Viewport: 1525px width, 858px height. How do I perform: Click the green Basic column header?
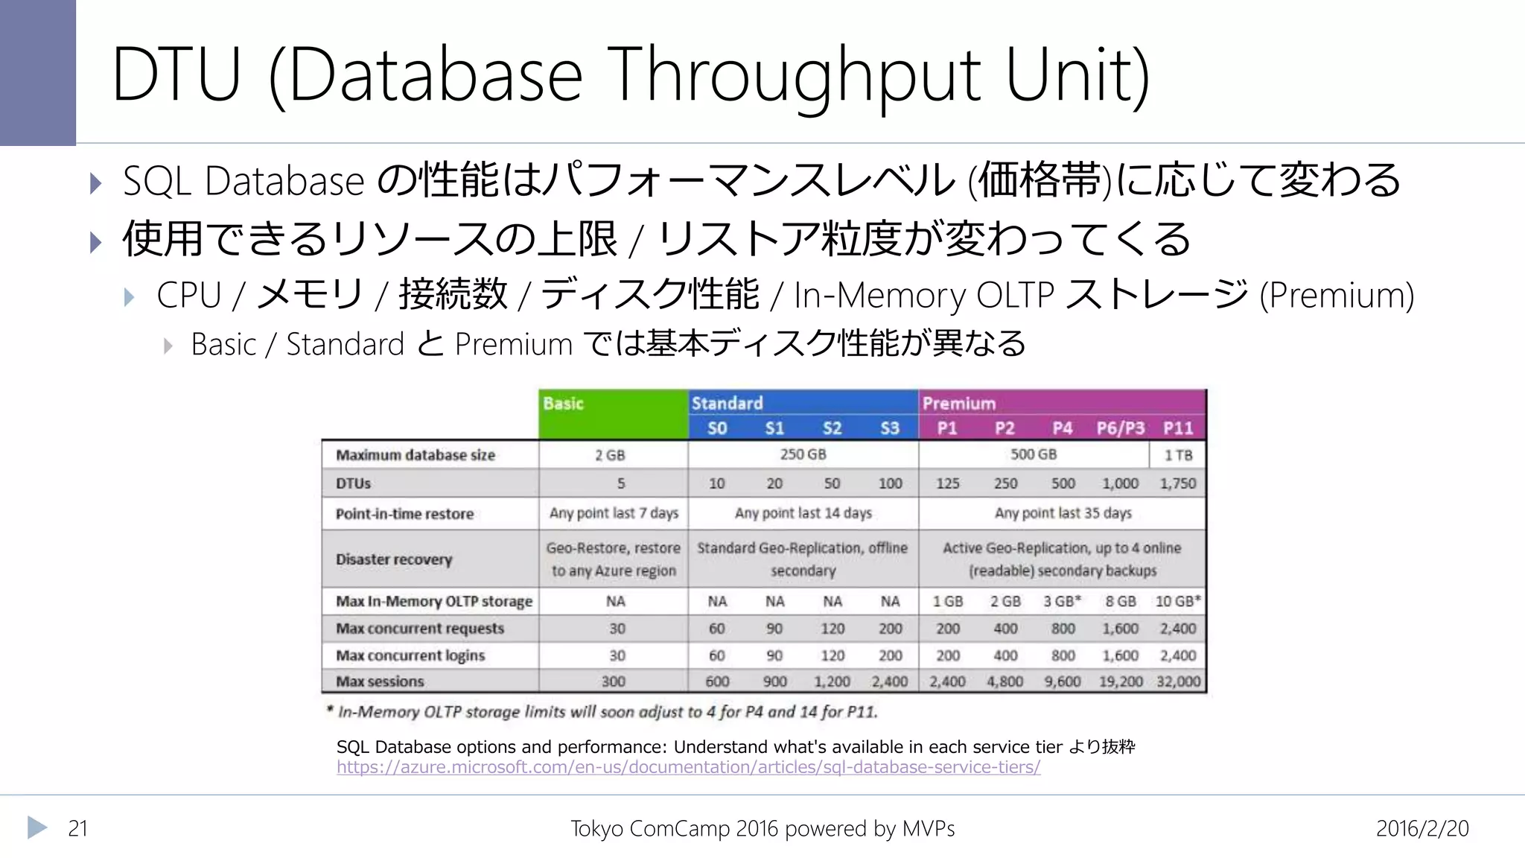[x=613, y=414]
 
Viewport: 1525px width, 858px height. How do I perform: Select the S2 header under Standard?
[x=832, y=428]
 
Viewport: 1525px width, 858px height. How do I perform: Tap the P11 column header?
[x=1178, y=428]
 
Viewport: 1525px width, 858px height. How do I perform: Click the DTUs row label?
[x=353, y=483]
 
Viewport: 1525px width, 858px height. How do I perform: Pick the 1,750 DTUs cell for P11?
[x=1178, y=483]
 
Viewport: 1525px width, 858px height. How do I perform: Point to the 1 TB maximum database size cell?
[x=1178, y=455]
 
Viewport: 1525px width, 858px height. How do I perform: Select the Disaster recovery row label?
[x=394, y=559]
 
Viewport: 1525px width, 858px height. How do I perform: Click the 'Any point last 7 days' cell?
[x=614, y=513]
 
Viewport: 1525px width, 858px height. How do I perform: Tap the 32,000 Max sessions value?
[x=1178, y=681]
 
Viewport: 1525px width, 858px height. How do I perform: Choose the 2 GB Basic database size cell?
[x=610, y=455]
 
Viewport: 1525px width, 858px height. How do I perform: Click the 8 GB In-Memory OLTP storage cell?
[x=1120, y=601]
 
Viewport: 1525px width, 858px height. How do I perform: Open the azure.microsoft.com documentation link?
[x=688, y=767]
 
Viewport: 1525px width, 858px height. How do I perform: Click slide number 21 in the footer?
[x=77, y=828]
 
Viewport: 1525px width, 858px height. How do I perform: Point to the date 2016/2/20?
[x=1422, y=828]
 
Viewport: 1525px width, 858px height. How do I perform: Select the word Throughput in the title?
[x=797, y=74]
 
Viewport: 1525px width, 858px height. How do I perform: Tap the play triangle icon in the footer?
[x=36, y=827]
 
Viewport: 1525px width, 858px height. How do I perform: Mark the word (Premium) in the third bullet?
[x=1337, y=295]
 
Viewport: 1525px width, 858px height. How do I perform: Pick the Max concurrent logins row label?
[x=410, y=655]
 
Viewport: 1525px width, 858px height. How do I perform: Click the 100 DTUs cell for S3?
[x=890, y=483]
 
